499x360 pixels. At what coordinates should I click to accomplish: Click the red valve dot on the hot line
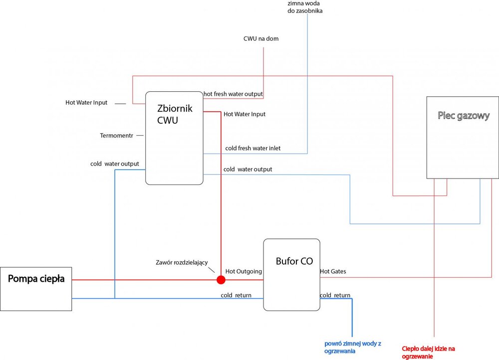tap(221, 280)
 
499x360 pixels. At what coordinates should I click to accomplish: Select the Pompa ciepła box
tap(36, 289)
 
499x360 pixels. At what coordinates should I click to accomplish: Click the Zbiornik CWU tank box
tap(174, 138)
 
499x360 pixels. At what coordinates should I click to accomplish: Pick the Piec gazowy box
tap(463, 137)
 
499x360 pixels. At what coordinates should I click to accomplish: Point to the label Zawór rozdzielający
tap(184, 263)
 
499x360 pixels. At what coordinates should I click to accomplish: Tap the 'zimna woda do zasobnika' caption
tap(305, 7)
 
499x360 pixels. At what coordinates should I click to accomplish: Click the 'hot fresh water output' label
tap(233, 94)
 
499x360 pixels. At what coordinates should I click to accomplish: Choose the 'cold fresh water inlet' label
tap(252, 148)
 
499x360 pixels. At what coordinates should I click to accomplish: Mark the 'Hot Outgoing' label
tap(244, 271)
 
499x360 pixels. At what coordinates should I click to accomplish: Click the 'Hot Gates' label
tap(333, 271)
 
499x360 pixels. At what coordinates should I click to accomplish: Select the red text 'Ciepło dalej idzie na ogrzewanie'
tap(429, 352)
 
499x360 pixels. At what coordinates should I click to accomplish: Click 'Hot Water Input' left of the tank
tap(86, 103)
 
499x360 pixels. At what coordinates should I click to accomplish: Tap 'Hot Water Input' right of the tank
tap(245, 114)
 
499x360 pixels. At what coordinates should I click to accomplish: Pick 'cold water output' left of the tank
tap(114, 164)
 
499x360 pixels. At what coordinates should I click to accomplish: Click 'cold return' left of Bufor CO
tap(236, 295)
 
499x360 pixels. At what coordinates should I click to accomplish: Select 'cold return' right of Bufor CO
tap(335, 295)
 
